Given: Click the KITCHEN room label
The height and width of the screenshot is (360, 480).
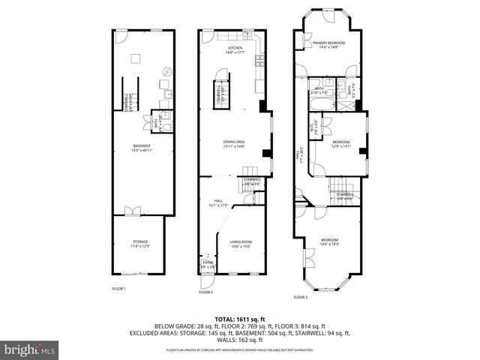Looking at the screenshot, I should pos(235,49).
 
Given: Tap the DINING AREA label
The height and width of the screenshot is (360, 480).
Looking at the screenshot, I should pos(234,143).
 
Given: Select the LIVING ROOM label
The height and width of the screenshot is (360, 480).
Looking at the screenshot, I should pos(241,243).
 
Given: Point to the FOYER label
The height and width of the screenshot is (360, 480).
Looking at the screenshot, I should pos(207,264).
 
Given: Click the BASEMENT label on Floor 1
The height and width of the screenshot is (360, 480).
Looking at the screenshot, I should pos(142,147).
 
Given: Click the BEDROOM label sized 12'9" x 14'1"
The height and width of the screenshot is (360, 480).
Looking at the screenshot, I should pos(341,143).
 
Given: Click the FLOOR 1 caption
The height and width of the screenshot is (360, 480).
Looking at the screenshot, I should pos(118,289).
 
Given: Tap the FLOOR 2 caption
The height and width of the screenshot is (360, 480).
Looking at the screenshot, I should pos(206,292).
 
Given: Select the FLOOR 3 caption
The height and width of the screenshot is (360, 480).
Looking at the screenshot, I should pos(300,297).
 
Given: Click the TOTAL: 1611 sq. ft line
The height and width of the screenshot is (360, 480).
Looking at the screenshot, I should pos(240,319).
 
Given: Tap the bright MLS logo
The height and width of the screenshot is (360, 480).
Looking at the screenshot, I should pos(30,349).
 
